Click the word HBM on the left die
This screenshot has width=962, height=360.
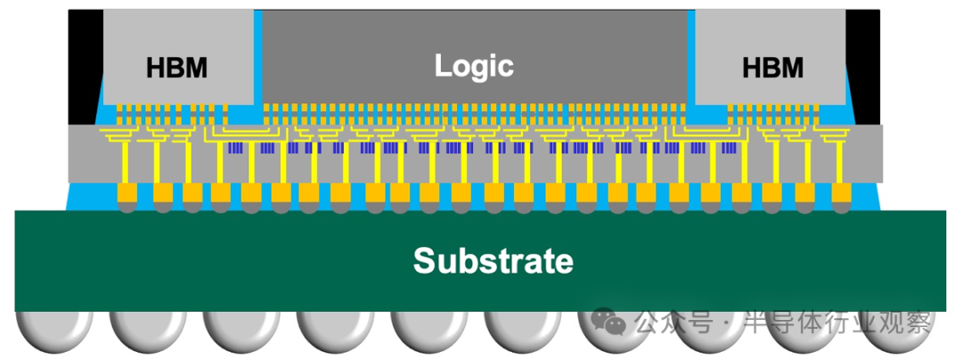coord(176,68)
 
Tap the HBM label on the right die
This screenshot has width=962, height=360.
coord(772,68)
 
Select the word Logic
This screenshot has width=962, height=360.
coord(474,65)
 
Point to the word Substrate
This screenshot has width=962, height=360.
coord(493,261)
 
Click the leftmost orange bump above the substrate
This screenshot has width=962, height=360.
coord(128,193)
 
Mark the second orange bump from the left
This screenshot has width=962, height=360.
coord(163,193)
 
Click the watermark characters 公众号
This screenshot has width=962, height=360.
coord(673,322)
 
